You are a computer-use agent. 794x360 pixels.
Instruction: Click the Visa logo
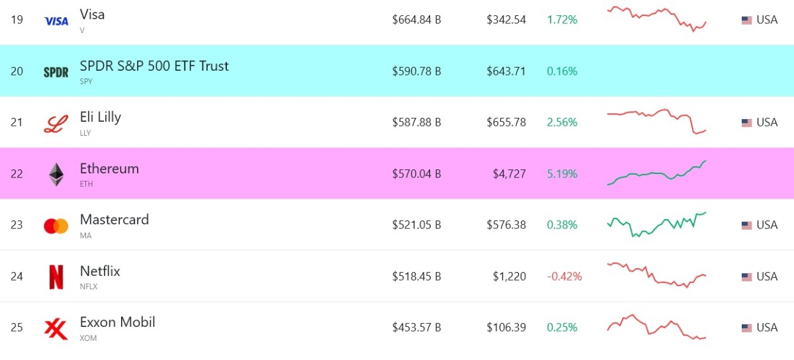[x=56, y=21]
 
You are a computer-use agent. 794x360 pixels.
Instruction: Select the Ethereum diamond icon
[x=56, y=175]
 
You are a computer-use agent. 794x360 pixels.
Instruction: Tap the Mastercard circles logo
[x=56, y=226]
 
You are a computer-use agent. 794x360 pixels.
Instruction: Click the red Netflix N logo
[x=56, y=277]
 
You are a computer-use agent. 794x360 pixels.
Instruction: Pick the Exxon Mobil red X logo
[x=56, y=329]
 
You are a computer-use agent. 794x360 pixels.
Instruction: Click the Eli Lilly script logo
[x=56, y=124]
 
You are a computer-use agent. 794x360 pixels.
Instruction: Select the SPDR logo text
[x=56, y=72]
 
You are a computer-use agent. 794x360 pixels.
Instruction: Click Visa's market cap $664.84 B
[x=416, y=20]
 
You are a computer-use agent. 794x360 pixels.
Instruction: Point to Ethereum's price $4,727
[x=509, y=174]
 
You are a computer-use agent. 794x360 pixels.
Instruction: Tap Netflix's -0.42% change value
[x=564, y=277]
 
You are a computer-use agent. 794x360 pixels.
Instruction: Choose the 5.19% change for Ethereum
[x=562, y=174]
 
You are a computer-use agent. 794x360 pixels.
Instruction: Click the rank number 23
[x=17, y=225]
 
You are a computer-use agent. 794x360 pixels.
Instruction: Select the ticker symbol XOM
[x=88, y=338]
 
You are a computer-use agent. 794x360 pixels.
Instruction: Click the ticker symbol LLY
[x=85, y=133]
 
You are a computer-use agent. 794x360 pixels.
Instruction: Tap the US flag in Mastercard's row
[x=746, y=225]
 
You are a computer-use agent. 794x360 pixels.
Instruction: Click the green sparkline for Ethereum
[x=656, y=173]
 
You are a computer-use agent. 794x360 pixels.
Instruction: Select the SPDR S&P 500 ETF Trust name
[x=154, y=66]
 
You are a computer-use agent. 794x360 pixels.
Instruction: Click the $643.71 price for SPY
[x=506, y=71]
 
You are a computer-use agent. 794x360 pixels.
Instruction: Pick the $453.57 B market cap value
[x=416, y=328]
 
